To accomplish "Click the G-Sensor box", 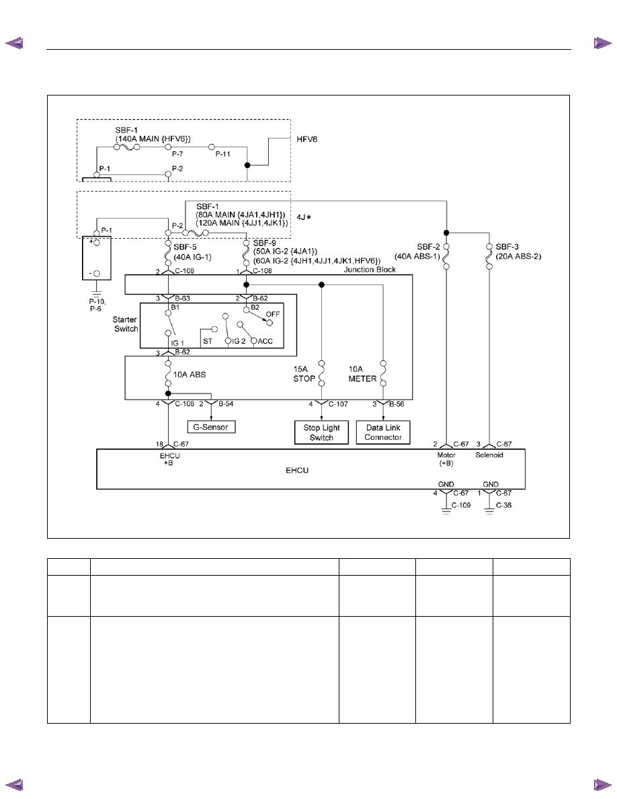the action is pyautogui.click(x=211, y=427).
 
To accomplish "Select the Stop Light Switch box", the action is pyautogui.click(x=322, y=432).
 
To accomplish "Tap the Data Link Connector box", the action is pyautogui.click(x=383, y=432).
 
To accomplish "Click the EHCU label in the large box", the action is pyautogui.click(x=297, y=470).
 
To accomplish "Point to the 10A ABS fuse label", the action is pyautogui.click(x=190, y=375).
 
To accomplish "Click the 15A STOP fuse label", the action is pyautogui.click(x=304, y=373).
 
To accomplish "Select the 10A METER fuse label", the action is pyautogui.click(x=362, y=373).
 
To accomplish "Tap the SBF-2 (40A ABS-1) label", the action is pyautogui.click(x=417, y=252).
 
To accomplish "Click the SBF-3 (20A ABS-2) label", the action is pyautogui.click(x=518, y=252).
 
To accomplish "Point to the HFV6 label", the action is pyautogui.click(x=307, y=139).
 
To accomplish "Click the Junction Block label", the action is pyautogui.click(x=370, y=270).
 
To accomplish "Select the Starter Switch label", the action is pyautogui.click(x=125, y=324).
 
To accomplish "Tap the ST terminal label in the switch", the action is pyautogui.click(x=208, y=341).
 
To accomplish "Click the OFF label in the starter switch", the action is pyautogui.click(x=273, y=314).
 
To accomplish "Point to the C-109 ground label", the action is pyautogui.click(x=461, y=505).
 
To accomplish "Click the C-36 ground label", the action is pyautogui.click(x=504, y=505).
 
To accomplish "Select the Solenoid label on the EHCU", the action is pyautogui.click(x=489, y=455).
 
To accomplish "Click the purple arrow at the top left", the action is pyautogui.click(x=14, y=43).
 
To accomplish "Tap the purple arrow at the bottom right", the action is pyautogui.click(x=603, y=785).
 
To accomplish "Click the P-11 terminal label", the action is pyautogui.click(x=223, y=154).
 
